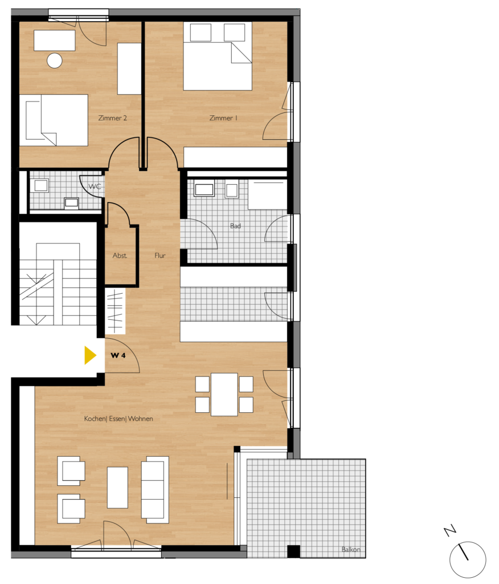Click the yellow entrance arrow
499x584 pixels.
pyautogui.click(x=89, y=355)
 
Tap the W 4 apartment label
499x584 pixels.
pyautogui.click(x=118, y=355)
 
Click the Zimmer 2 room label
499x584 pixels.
pyautogui.click(x=112, y=118)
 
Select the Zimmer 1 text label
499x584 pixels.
pyautogui.click(x=223, y=118)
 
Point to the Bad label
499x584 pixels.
pyautogui.click(x=235, y=226)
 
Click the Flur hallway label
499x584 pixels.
pyautogui.click(x=160, y=255)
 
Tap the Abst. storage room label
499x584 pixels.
pyautogui.click(x=120, y=255)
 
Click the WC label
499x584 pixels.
pyautogui.click(x=95, y=186)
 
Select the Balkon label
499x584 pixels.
pyautogui.click(x=351, y=549)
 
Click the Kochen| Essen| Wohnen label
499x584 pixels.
pyautogui.click(x=118, y=419)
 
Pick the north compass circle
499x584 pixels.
pyautogui.click(x=468, y=560)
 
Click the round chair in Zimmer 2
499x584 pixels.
pyautogui.click(x=55, y=60)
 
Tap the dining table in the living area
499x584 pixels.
pyautogui.click(x=224, y=395)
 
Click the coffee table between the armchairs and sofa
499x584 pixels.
pyautogui.click(x=117, y=488)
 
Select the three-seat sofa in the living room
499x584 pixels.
pyautogui.click(x=155, y=490)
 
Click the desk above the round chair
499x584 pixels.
pyautogui.click(x=55, y=40)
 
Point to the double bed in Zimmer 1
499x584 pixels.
pyautogui.click(x=218, y=56)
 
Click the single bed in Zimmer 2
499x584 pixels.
pyautogui.click(x=54, y=120)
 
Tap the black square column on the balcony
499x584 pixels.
pyautogui.click(x=293, y=551)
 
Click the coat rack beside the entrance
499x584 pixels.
pyautogui.click(x=115, y=311)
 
